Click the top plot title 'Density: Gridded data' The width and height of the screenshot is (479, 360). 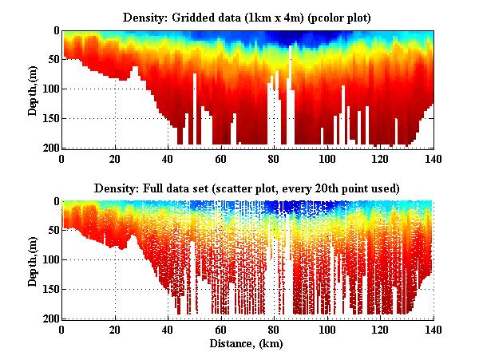pos(247,17)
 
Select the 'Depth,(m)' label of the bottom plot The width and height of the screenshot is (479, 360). pos(33,260)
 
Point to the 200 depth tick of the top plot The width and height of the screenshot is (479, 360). pos(50,148)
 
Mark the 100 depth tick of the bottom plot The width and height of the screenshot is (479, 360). pos(50,259)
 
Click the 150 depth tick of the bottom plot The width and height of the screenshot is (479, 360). pos(50,289)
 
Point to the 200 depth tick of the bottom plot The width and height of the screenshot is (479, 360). pos(50,318)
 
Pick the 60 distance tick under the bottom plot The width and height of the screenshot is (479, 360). pos(221,328)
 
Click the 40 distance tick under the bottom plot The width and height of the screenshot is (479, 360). pos(168,328)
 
